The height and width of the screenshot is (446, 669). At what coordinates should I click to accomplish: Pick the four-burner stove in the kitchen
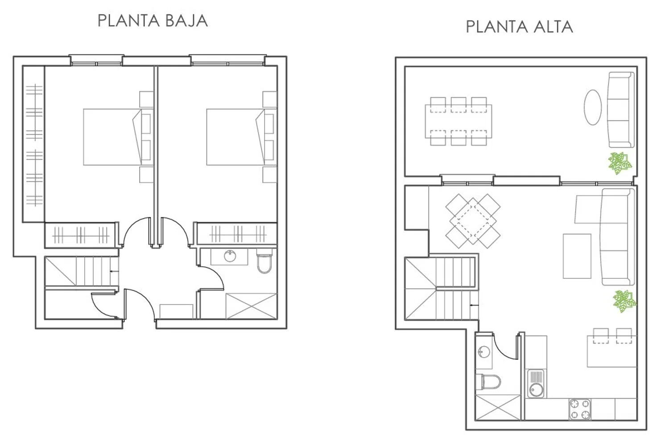click(580, 409)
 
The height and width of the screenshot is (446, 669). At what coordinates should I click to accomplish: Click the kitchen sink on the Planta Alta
click(535, 384)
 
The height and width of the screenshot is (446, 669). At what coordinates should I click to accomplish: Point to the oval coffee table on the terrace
click(593, 107)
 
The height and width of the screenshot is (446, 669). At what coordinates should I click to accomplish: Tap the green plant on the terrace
click(619, 163)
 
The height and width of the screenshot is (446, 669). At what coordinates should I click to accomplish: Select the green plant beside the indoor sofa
click(624, 301)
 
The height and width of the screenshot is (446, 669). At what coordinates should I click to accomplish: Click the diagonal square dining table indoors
click(473, 221)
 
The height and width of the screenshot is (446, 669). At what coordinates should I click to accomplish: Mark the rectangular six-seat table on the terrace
click(458, 121)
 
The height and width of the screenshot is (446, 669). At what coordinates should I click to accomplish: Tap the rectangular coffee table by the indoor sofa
click(577, 256)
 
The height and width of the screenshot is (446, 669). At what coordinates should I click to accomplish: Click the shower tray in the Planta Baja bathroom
click(251, 306)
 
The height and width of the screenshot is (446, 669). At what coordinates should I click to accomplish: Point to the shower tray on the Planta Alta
click(498, 407)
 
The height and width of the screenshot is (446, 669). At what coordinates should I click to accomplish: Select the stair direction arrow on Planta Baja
click(114, 271)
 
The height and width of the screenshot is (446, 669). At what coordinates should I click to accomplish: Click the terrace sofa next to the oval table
click(621, 110)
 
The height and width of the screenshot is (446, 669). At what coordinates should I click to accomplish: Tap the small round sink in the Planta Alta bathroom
click(484, 352)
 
